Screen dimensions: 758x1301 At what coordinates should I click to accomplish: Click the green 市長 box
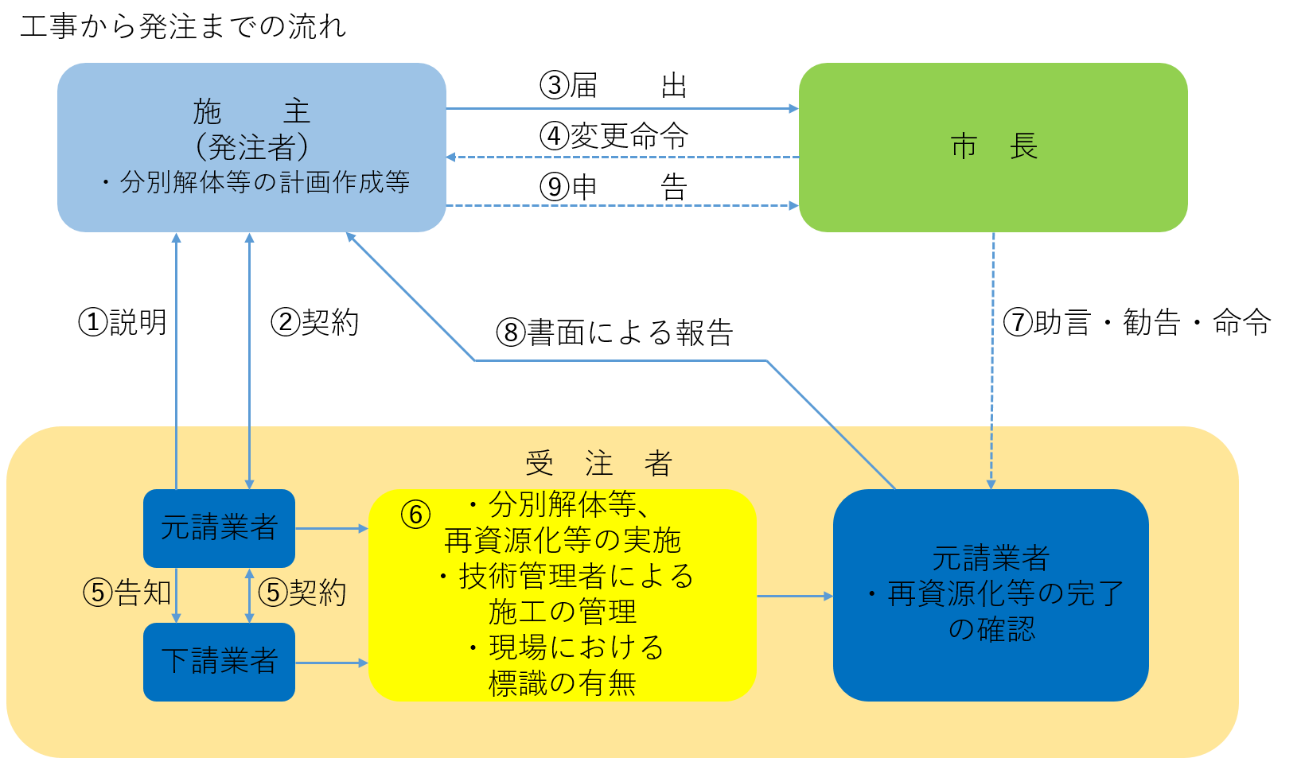[x=993, y=147]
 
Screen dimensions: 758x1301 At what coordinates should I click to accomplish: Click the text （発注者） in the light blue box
[x=251, y=147]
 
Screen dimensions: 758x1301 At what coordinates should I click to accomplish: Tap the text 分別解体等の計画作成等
[x=264, y=182]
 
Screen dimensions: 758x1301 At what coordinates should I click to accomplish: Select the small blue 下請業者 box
[x=219, y=662]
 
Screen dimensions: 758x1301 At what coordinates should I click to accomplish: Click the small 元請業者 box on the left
[x=219, y=527]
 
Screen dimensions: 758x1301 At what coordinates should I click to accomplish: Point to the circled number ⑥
[x=415, y=515]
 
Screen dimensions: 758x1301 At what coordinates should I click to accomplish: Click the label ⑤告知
[x=127, y=593]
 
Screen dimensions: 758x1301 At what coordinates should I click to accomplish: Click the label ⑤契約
[x=302, y=593]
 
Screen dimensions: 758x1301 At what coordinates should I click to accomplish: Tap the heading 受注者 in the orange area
[x=599, y=463]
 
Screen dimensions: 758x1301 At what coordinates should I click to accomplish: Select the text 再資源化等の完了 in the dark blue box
[x=1005, y=593]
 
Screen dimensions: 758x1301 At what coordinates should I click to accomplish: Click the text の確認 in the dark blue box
[x=991, y=629]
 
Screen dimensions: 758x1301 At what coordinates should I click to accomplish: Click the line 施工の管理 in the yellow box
[x=563, y=612]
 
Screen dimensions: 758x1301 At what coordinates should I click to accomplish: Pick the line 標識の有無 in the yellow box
[x=563, y=683]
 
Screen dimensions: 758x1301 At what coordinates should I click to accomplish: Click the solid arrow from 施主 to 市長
[x=621, y=109]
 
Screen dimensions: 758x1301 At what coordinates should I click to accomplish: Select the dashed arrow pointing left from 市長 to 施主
[x=621, y=157]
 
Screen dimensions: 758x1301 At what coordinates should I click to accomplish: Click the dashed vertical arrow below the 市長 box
[x=993, y=358]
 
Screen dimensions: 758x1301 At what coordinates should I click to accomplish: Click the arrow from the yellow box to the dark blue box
[x=794, y=596]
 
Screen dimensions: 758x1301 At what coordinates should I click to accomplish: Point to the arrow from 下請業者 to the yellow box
[x=331, y=663]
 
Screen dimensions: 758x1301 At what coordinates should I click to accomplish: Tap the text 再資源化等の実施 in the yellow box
[x=563, y=540]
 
